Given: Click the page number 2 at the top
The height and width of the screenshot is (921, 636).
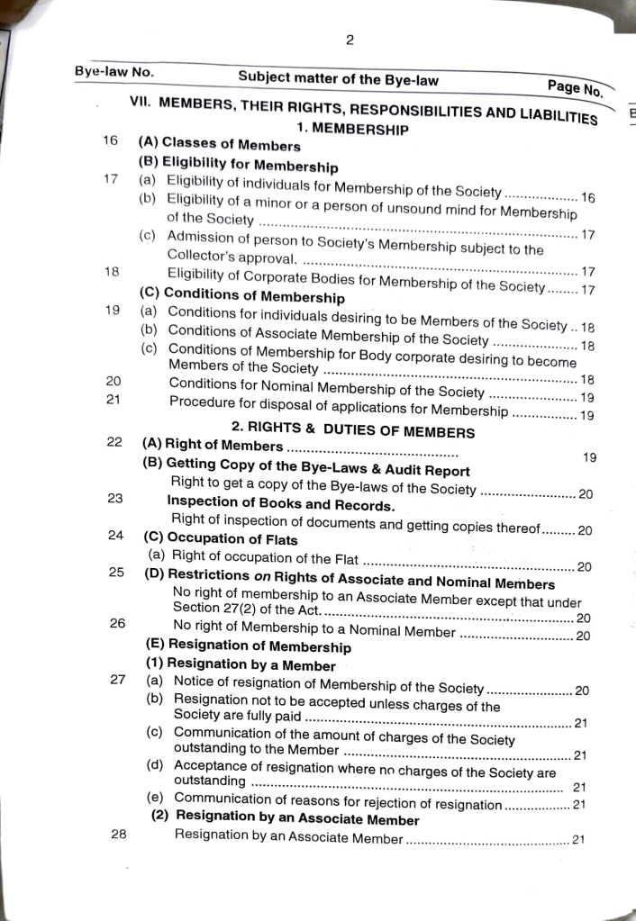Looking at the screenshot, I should click(x=350, y=40).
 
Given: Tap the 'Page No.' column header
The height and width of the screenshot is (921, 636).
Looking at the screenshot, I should click(x=574, y=87).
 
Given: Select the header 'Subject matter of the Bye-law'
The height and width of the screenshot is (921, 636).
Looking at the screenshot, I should click(x=338, y=79).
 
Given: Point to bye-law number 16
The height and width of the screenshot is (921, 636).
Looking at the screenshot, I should click(x=111, y=140).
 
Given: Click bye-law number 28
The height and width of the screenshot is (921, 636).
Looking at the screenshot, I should click(x=118, y=834).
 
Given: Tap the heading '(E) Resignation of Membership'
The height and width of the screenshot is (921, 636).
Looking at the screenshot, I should click(x=248, y=646).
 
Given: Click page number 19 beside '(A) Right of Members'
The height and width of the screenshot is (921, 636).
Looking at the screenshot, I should click(x=589, y=457).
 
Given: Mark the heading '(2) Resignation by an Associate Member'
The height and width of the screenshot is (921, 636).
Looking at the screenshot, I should click(x=285, y=819).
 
